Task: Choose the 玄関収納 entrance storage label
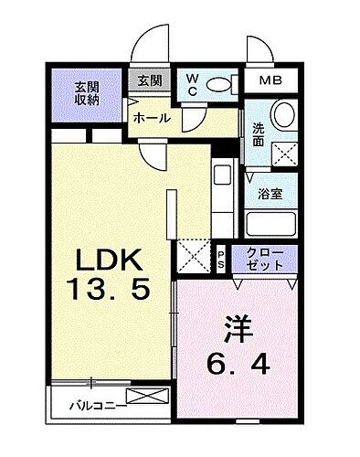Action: tap(88, 93)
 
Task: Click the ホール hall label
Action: tap(150, 119)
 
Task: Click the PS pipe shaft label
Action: tap(221, 256)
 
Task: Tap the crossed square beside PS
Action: tap(194, 255)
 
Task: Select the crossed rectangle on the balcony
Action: tap(147, 396)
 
